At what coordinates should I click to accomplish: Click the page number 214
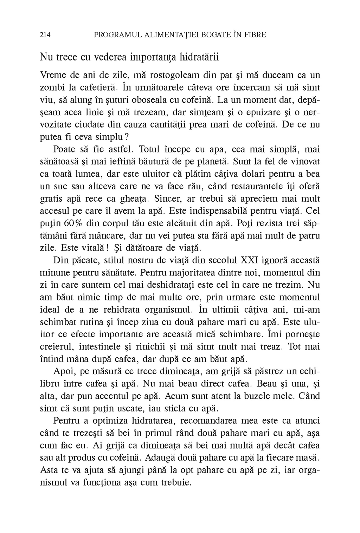46,35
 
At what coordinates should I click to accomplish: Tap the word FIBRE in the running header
255,35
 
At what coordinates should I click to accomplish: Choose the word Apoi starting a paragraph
63,372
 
